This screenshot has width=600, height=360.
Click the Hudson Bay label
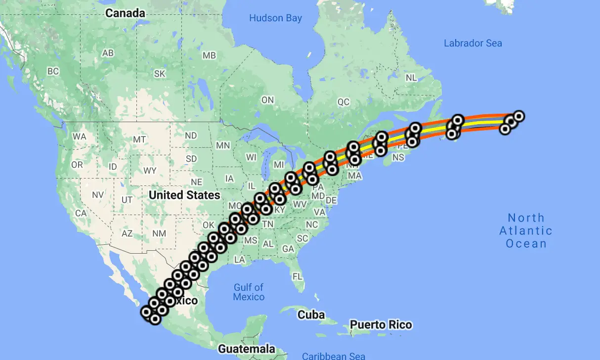click(x=275, y=18)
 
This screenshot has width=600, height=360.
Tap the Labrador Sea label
click(x=472, y=43)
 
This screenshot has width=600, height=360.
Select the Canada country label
click(x=125, y=13)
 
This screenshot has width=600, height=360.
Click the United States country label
click(x=184, y=195)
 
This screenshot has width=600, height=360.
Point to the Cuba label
click(x=311, y=315)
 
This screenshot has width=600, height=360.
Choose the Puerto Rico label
click(x=381, y=325)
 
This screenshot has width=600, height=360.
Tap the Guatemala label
click(x=247, y=349)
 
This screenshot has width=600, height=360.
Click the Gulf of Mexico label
click(x=249, y=292)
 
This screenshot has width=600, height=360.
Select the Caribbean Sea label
click(x=334, y=356)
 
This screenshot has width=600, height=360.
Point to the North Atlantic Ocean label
click(x=526, y=230)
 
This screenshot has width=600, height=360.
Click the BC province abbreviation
click(x=53, y=71)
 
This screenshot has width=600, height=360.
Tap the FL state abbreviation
click(x=297, y=276)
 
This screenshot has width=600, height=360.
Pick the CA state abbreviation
click(x=81, y=213)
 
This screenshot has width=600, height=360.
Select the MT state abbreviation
click(x=139, y=139)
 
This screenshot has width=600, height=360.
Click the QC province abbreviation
click(x=343, y=102)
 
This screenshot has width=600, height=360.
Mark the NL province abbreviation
click(x=411, y=78)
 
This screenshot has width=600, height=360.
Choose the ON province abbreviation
click(x=267, y=100)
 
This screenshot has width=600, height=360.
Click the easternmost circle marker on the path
click(x=518, y=116)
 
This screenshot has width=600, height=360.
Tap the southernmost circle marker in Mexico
click(x=155, y=319)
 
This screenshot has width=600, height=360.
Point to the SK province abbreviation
click(x=160, y=74)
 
